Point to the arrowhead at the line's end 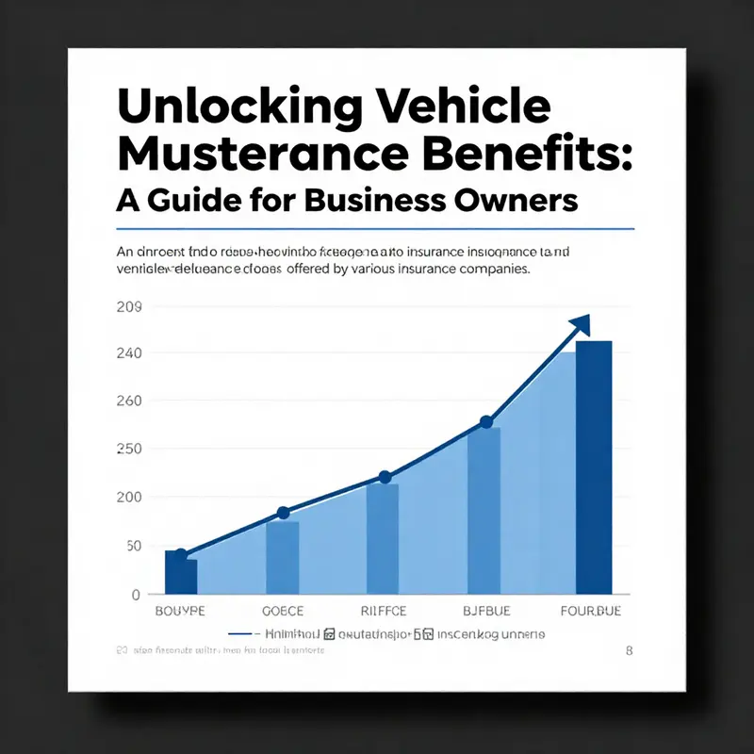coord(580,325)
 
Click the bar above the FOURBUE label coord(593,467)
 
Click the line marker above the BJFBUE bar coord(485,422)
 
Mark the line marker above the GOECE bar coord(283,513)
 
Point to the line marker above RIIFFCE coord(384,477)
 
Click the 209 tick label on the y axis coord(128,307)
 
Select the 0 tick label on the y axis coord(136,595)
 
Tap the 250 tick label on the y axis coord(128,449)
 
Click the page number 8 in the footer coord(629,650)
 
